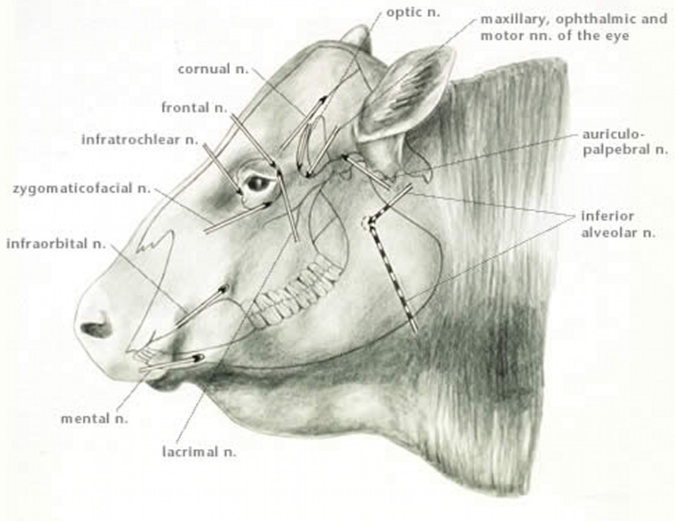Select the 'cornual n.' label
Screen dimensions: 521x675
214,69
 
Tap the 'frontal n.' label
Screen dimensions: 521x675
194,108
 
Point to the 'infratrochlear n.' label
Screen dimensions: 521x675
139,140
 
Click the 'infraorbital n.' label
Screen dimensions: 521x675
56,244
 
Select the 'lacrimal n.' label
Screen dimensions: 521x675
199,452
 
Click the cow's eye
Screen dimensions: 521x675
257,183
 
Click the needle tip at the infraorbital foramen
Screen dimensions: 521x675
224,289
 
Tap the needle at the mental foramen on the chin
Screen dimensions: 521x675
199,356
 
